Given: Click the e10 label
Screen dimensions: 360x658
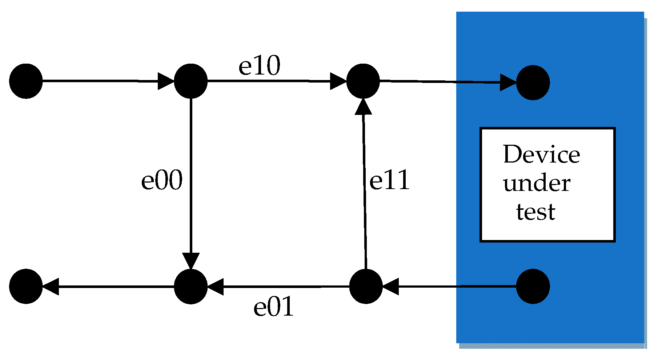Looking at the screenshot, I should [259, 67].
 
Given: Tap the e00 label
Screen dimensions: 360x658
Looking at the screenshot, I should [162, 181].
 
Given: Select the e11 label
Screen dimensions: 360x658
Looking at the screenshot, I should [389, 181].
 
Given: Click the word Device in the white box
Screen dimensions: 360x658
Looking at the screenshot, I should [541, 155].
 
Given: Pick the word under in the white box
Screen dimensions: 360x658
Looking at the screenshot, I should [537, 184].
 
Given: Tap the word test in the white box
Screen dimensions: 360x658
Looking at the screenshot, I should [535, 212].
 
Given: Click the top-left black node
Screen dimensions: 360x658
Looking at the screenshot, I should [26, 81].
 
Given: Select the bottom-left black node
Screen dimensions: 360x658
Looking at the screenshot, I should [26, 287].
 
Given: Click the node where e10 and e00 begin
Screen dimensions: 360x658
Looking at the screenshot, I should [191, 81].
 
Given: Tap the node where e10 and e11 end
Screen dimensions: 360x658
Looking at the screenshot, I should [363, 81].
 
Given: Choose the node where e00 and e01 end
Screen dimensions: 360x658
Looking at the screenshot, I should [191, 287].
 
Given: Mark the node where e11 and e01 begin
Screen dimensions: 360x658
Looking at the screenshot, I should [366, 287].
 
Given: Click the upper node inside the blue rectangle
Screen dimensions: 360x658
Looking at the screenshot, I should [533, 83].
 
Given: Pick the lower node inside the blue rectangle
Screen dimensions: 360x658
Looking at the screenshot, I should [533, 287].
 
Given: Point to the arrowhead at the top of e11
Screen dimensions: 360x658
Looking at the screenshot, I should [363, 107].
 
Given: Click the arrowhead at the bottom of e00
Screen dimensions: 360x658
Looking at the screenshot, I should [191, 261].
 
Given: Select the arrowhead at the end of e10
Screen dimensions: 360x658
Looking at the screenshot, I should [338, 81].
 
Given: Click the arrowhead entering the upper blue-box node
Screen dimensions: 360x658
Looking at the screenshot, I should [508, 83].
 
